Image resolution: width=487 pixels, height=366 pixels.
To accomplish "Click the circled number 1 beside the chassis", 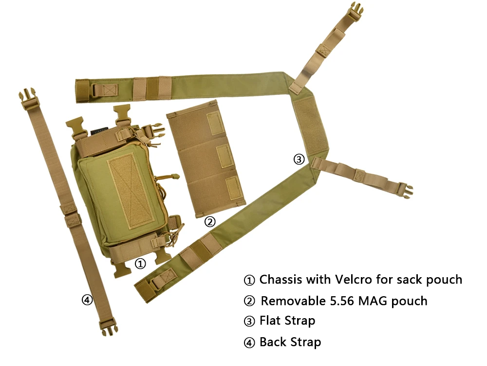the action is (x=140, y=264).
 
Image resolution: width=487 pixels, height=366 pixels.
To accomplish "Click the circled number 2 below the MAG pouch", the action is (x=210, y=222).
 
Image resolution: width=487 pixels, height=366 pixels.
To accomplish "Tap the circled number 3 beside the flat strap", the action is (x=299, y=159).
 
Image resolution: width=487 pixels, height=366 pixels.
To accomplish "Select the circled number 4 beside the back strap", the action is (x=87, y=300).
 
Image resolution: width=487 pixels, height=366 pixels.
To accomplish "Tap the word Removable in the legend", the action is (x=293, y=301).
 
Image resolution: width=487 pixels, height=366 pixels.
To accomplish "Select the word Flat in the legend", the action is (x=270, y=321).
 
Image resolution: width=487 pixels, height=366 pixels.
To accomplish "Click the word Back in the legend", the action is (x=273, y=342).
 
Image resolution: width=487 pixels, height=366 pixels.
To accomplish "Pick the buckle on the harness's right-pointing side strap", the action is (x=404, y=189).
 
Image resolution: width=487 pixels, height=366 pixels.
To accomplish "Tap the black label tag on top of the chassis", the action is (x=99, y=131).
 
